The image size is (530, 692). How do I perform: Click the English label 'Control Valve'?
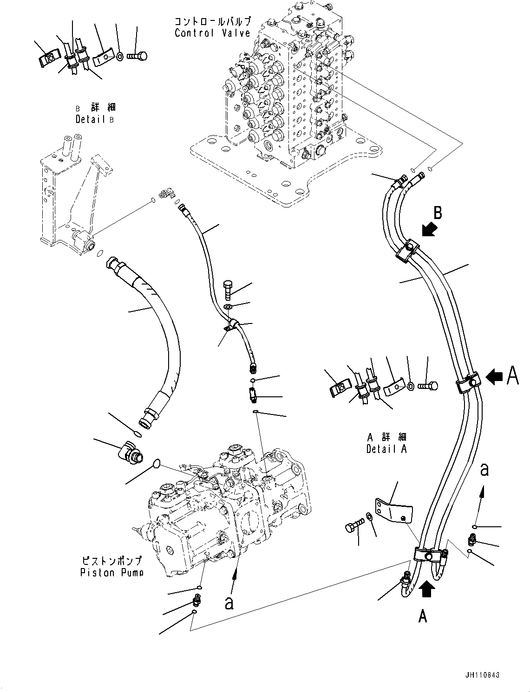[212, 33]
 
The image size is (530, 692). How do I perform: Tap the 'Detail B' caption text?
[95, 119]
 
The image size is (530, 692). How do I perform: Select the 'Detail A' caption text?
[386, 449]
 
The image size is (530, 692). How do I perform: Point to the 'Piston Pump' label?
[111, 572]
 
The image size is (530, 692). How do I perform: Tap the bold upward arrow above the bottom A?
[427, 589]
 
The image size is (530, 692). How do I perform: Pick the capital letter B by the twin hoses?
[438, 213]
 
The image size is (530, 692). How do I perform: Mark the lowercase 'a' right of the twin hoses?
[484, 470]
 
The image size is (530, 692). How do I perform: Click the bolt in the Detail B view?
[137, 57]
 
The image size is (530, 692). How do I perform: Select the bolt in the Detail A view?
[427, 385]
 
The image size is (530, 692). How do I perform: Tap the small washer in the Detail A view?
[411, 386]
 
